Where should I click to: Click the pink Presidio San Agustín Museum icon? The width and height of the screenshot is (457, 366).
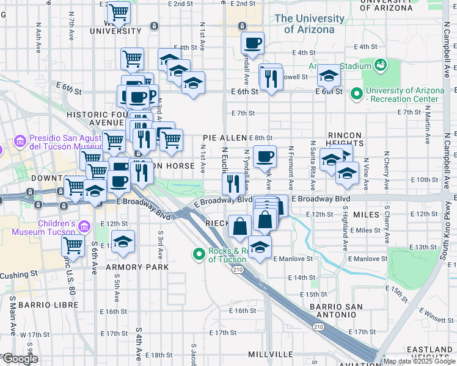click(x=20, y=142)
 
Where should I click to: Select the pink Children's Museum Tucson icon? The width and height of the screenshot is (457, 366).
click(x=84, y=227)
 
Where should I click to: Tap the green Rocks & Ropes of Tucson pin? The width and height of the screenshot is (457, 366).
click(x=199, y=254)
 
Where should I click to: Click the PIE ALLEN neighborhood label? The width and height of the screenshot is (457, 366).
click(x=225, y=139)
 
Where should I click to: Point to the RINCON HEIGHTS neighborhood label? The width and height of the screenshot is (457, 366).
click(x=345, y=138)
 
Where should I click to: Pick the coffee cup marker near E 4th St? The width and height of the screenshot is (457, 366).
click(x=252, y=44)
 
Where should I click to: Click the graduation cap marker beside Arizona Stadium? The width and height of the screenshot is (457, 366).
click(x=328, y=76)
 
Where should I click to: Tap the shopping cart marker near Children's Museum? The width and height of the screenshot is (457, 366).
click(x=73, y=246)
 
